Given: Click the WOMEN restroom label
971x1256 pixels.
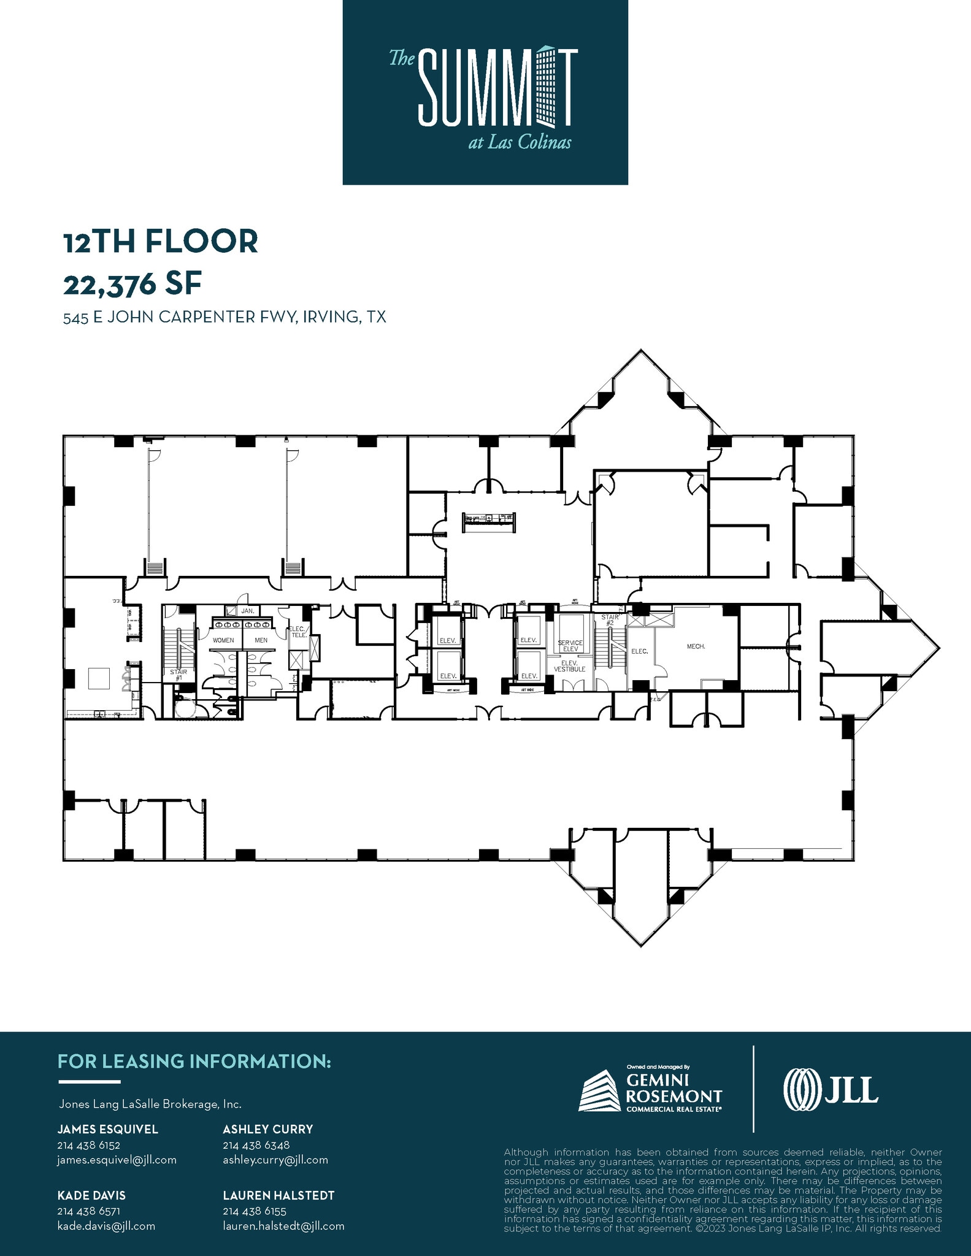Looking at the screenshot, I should (223, 640).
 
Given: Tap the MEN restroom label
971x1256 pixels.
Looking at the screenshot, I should (261, 640).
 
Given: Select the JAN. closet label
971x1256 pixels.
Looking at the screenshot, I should (247, 611).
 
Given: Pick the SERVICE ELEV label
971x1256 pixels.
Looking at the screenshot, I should (570, 646).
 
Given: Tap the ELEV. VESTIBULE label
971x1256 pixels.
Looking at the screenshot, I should (570, 666).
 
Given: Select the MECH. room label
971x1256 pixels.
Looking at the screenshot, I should (696, 646).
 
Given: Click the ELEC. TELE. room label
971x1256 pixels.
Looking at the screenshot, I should (298, 632).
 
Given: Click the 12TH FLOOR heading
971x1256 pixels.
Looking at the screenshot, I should (161, 242).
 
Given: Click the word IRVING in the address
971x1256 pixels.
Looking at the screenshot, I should (329, 317).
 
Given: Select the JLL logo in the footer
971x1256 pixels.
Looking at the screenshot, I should (831, 1089).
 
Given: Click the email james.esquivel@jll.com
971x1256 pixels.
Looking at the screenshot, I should (117, 1160).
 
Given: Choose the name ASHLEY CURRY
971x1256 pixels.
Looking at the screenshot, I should (267, 1129).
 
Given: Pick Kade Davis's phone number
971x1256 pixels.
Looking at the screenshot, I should (88, 1211).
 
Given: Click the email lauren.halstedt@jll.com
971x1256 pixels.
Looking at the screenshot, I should (283, 1226).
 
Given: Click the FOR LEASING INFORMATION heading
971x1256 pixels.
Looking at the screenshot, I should (194, 1062).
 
